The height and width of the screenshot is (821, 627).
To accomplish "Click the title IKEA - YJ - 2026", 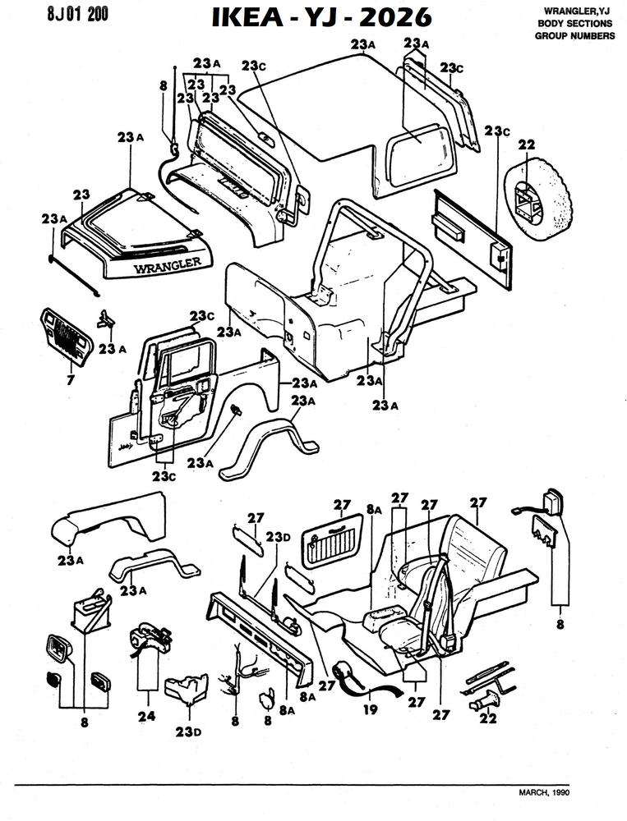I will [321, 18].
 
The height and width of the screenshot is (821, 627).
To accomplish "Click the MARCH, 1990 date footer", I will [544, 793].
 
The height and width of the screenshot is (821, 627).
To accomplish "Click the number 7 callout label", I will [71, 381].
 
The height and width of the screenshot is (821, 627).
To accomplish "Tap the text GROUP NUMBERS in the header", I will [574, 36].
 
